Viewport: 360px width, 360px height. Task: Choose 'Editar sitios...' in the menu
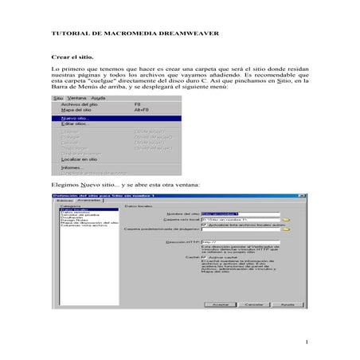(x=76, y=123)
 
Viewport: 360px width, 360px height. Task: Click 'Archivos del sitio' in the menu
(x=80, y=104)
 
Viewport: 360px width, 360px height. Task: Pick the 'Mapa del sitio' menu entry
(x=76, y=110)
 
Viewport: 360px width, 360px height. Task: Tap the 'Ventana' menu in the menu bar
(x=78, y=98)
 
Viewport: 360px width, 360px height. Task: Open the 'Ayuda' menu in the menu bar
(x=99, y=98)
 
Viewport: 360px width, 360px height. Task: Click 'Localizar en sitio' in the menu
(x=80, y=158)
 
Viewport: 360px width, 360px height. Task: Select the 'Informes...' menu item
(x=72, y=167)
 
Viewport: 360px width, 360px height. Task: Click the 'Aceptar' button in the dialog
(x=220, y=303)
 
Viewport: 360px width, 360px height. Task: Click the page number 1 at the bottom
(x=305, y=342)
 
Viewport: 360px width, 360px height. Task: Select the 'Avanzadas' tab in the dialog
(x=88, y=200)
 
